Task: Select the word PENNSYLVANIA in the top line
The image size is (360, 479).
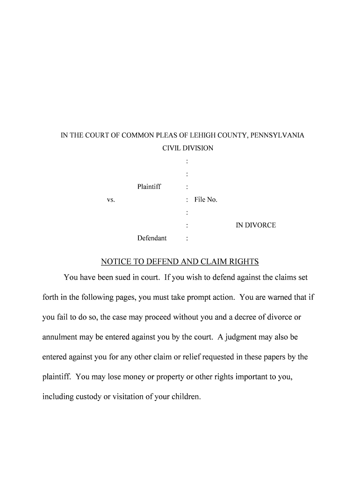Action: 277,136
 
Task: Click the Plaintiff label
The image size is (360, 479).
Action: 149,187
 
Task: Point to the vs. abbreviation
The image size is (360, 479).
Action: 111,200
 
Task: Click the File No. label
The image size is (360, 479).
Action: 206,200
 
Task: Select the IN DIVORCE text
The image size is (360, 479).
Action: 256,225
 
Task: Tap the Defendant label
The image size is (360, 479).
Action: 152,238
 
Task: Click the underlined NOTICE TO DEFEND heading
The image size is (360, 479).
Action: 180,261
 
